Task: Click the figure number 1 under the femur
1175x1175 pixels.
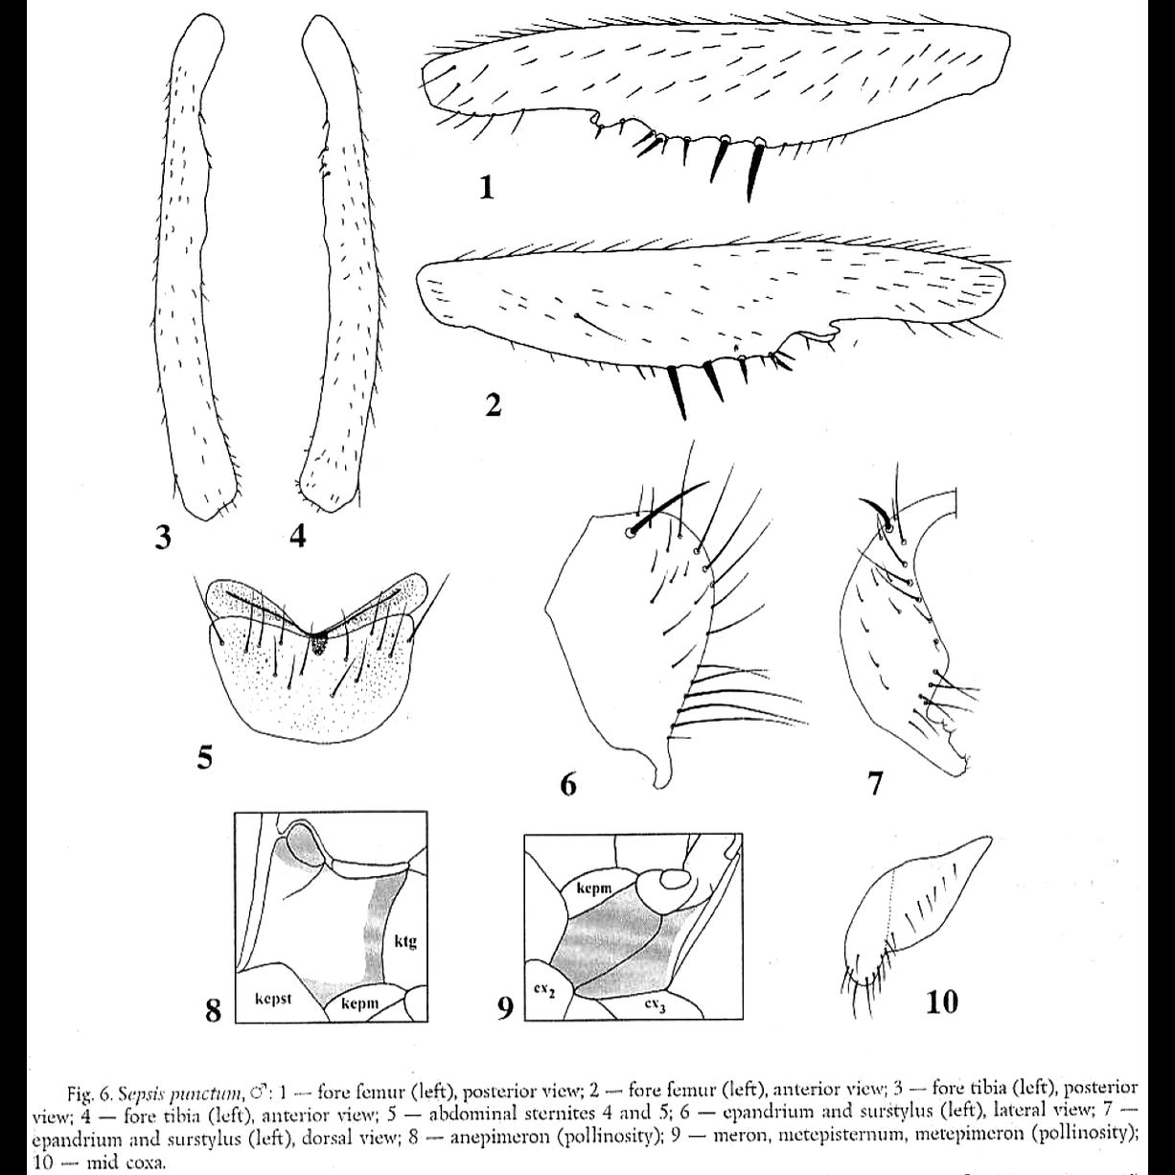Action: pos(487,187)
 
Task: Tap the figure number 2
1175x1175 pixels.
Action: pos(493,404)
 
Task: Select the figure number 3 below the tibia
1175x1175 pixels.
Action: pos(163,538)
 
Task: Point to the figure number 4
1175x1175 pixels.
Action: pos(298,538)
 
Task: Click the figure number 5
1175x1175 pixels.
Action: pos(204,758)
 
